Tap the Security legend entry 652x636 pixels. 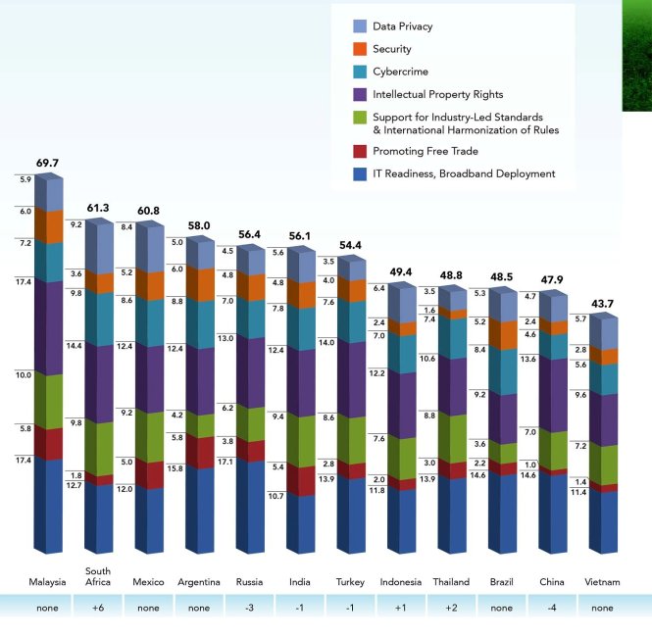tap(391, 49)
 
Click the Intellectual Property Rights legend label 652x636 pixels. tap(437, 94)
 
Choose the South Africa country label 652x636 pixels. tap(98, 577)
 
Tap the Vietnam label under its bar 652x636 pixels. tap(602, 582)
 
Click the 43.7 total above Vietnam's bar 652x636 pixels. tap(601, 304)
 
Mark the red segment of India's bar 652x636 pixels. tap(298, 479)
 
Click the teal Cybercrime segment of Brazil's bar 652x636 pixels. tap(500, 370)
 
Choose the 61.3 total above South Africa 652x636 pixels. tap(98, 207)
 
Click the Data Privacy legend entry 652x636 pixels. tap(402, 26)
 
